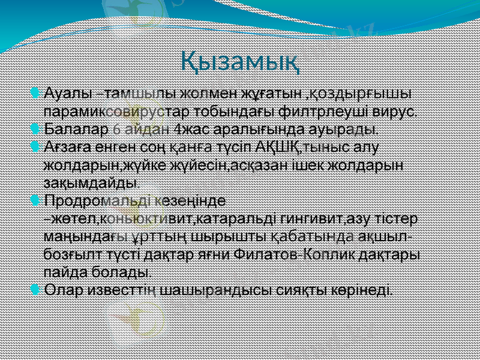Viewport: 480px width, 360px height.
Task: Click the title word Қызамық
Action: (240, 61)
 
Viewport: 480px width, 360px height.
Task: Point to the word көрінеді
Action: (362, 290)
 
